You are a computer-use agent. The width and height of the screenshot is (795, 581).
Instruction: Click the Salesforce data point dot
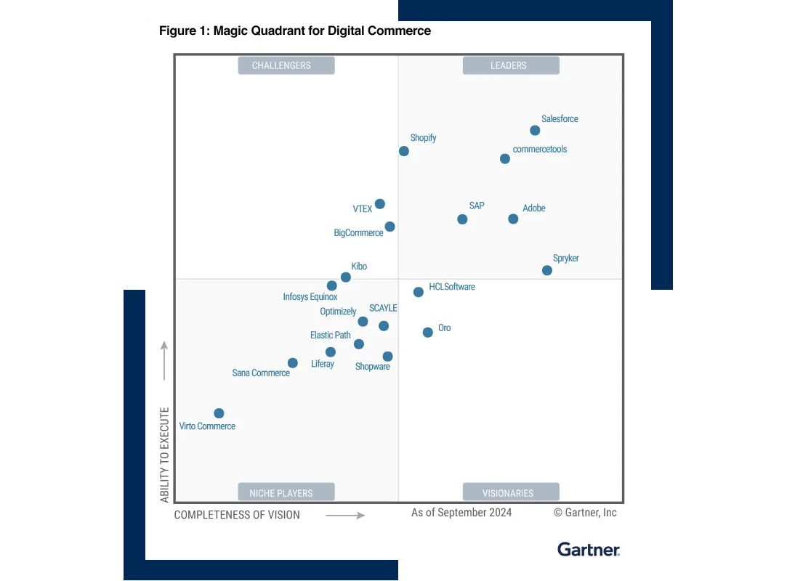[x=535, y=131]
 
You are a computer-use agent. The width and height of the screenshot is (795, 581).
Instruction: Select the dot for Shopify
[x=404, y=151]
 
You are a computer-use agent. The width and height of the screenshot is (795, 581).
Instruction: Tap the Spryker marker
[x=547, y=270]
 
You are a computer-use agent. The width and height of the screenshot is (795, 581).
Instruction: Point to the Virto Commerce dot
[x=219, y=413]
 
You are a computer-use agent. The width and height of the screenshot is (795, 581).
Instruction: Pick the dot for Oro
[x=428, y=332]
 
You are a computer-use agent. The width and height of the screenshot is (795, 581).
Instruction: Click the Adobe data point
[x=513, y=219]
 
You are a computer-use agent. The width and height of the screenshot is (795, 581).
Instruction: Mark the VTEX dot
[x=380, y=204]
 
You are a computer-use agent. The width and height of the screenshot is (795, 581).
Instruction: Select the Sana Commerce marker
[x=293, y=362]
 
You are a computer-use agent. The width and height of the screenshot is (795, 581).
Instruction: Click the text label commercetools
[x=539, y=149]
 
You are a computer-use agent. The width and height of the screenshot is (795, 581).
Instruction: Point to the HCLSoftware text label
[x=452, y=287]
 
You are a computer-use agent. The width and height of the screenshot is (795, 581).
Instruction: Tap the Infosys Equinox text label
[x=310, y=297]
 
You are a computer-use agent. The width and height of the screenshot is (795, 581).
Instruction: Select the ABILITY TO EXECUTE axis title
[x=165, y=455]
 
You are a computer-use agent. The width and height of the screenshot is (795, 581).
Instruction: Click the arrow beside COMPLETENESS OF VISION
[x=345, y=515]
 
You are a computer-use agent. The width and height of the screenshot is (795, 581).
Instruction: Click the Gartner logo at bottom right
[x=589, y=549]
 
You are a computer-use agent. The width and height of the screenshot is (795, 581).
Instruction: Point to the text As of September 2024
[x=461, y=513]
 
